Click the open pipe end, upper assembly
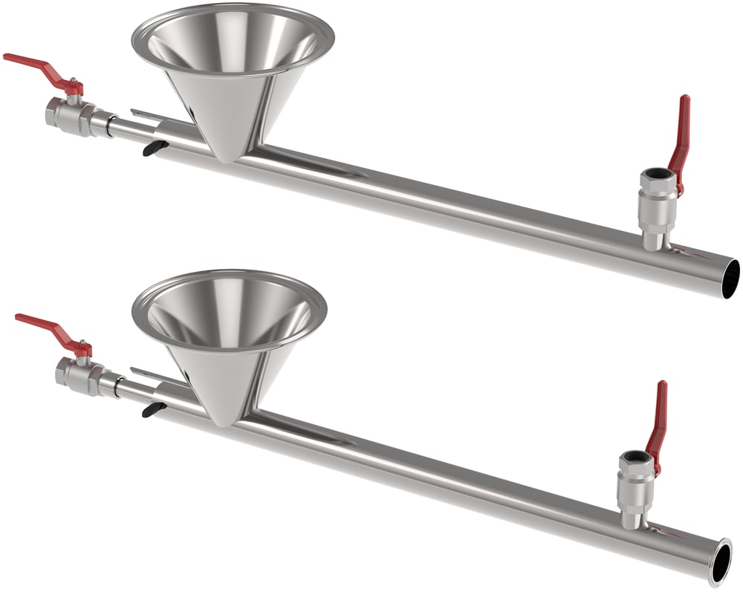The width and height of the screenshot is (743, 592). [x=730, y=279]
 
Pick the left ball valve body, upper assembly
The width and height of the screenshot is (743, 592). [x=71, y=115]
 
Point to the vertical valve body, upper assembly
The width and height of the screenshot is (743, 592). [x=658, y=204]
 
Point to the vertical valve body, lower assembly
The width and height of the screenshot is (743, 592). [x=635, y=487]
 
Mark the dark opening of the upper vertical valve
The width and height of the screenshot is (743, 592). [x=658, y=175]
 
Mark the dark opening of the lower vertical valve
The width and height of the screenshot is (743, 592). [x=637, y=456]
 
